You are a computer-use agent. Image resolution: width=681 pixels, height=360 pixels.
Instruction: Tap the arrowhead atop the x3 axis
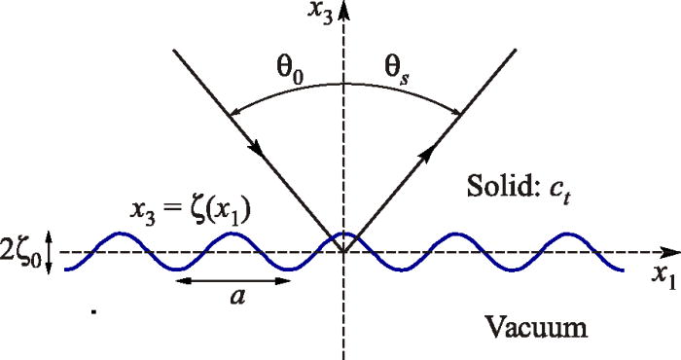point(343,10)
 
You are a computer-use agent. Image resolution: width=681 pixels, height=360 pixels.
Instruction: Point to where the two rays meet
point(343,253)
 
